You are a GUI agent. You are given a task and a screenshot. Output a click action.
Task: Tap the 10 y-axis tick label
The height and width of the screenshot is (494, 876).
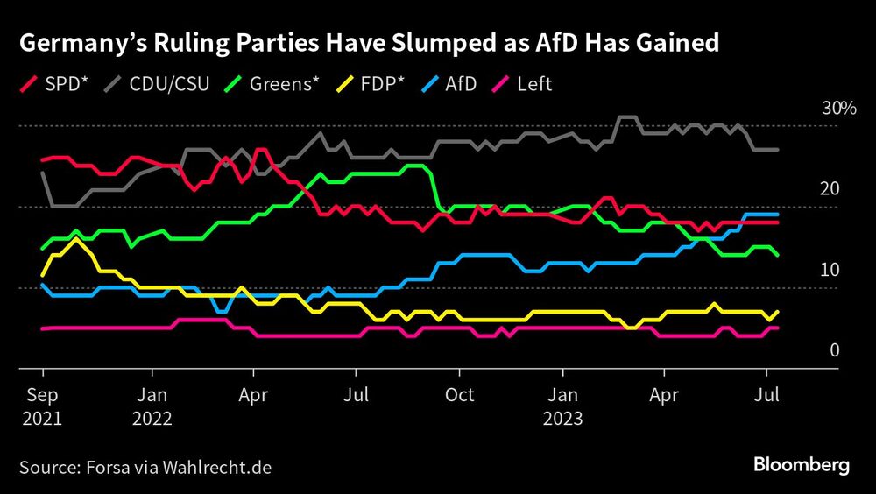(x=830, y=271)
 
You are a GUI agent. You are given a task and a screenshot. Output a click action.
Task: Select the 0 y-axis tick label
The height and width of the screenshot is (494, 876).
(x=834, y=351)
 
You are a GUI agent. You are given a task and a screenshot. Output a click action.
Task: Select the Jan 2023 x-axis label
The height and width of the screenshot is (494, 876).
(x=562, y=406)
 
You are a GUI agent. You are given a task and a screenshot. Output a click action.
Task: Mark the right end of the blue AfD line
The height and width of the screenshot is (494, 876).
(x=778, y=214)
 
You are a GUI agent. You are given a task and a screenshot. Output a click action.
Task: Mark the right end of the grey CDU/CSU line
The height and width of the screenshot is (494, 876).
(x=778, y=150)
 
